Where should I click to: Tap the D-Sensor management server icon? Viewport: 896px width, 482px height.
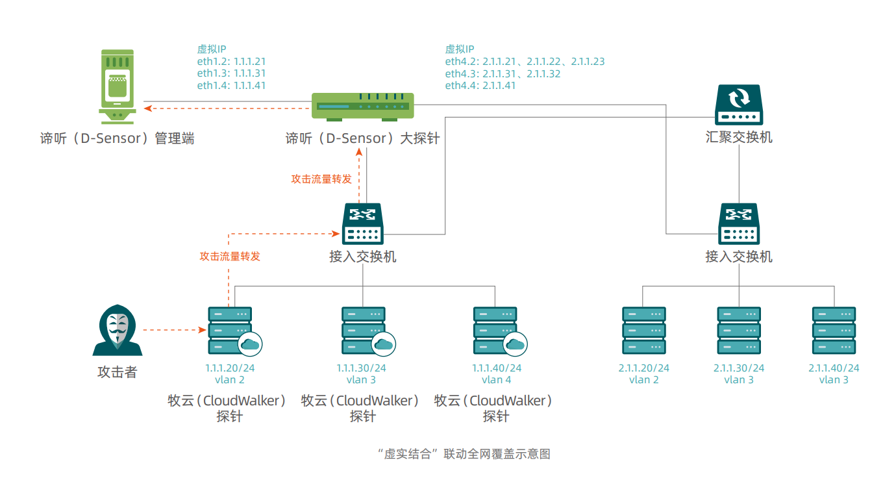(x=118, y=86)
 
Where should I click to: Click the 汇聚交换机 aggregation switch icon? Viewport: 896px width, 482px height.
(x=739, y=105)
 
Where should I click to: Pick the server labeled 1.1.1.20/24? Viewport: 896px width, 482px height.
(x=229, y=330)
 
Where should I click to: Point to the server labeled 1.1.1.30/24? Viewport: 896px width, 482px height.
(x=363, y=330)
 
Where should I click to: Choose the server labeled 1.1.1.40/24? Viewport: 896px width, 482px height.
(x=495, y=330)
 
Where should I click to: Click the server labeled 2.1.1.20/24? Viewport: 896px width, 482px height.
(x=643, y=330)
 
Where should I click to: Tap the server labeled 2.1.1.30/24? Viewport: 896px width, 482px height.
(x=739, y=330)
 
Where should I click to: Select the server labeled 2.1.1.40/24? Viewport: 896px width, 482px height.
(x=834, y=330)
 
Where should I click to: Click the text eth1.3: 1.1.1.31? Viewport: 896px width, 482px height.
(x=231, y=73)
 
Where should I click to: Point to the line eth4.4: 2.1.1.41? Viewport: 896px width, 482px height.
(x=480, y=86)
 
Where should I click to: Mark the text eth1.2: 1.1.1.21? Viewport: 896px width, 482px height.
(x=231, y=62)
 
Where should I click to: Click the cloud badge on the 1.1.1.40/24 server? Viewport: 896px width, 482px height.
(x=516, y=344)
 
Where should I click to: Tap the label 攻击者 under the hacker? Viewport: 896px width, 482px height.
(x=118, y=372)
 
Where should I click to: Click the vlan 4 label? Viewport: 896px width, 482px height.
(x=496, y=380)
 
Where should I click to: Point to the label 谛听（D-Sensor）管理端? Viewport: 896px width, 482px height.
(x=118, y=138)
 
